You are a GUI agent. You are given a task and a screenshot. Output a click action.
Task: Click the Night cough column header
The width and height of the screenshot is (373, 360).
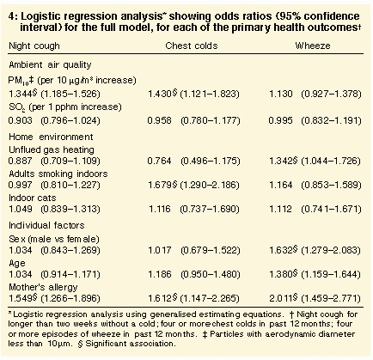[34, 46]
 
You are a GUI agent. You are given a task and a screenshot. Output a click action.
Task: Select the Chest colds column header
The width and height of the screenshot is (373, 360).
[192, 46]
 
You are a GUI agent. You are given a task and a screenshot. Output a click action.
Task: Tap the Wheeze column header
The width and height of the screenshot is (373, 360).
[313, 46]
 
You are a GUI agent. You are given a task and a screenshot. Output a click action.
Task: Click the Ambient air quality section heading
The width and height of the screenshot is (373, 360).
[50, 65]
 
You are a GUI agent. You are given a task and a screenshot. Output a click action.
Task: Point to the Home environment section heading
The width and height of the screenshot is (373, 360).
[51, 137]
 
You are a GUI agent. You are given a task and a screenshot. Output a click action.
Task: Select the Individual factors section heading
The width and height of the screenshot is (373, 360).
[46, 225]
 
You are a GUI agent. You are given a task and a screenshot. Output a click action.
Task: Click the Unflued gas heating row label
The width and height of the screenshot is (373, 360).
[52, 150]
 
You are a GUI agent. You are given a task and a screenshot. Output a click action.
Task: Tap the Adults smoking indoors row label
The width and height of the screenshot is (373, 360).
[58, 174]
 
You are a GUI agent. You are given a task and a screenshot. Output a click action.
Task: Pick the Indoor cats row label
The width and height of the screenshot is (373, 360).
[33, 198]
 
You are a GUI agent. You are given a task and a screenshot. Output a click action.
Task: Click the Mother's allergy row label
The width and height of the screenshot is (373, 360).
[43, 287]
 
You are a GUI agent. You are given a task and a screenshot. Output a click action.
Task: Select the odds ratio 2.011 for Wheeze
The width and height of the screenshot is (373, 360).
[280, 298]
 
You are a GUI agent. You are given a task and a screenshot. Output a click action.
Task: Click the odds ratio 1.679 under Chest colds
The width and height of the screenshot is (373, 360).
[160, 185]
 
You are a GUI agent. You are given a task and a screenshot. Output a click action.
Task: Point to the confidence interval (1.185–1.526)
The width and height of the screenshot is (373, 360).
[70, 94]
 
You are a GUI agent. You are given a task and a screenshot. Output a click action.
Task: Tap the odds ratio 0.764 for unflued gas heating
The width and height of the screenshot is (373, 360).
[159, 161]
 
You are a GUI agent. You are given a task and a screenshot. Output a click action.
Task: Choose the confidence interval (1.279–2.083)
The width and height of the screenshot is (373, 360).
[331, 250]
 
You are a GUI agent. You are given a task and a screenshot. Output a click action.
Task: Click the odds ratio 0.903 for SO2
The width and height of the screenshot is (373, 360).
[21, 120]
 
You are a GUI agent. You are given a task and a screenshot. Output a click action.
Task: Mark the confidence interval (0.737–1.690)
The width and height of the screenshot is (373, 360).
[210, 209]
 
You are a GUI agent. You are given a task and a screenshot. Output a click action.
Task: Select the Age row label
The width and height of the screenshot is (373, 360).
[17, 264]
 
